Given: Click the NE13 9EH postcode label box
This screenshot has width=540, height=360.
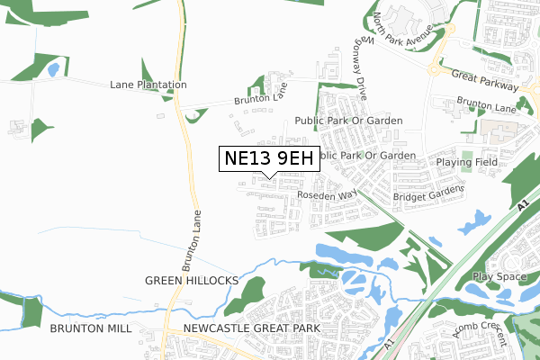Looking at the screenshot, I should (x=270, y=158).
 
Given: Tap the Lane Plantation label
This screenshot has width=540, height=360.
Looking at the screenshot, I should (x=148, y=85).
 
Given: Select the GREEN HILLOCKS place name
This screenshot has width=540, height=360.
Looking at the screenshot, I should (x=192, y=281).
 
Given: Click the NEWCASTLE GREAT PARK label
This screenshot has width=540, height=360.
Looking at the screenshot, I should (x=251, y=328).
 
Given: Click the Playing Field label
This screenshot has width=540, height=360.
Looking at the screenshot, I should (x=467, y=162).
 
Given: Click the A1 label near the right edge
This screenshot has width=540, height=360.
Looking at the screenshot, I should (x=524, y=207).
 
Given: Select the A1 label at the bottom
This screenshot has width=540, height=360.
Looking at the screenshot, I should (x=389, y=342).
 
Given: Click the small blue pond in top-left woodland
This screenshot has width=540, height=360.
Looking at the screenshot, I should (x=53, y=68).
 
